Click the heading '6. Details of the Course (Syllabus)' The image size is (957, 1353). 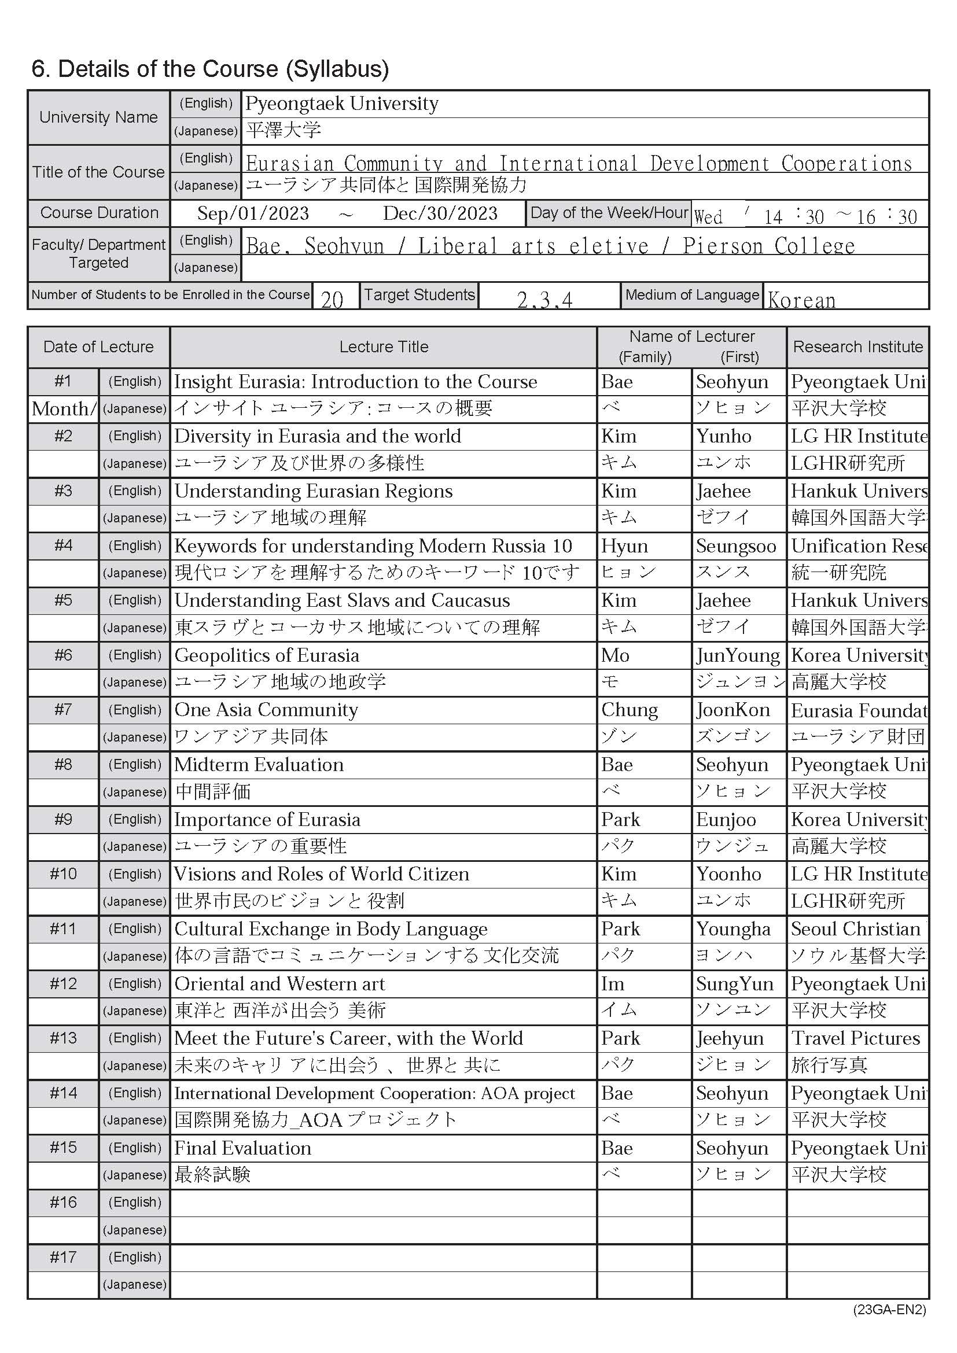(210, 69)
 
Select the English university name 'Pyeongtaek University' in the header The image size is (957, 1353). (342, 104)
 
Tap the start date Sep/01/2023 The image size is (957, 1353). (253, 213)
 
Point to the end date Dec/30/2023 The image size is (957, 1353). (440, 213)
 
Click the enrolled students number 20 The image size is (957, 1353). (332, 300)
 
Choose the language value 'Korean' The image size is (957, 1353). (801, 300)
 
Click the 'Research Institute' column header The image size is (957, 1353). (857, 346)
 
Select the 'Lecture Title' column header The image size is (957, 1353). (384, 346)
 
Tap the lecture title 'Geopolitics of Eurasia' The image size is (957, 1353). (266, 655)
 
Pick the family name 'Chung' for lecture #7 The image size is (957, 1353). (630, 710)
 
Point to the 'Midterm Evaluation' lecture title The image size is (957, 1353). (259, 765)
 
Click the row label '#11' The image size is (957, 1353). (63, 929)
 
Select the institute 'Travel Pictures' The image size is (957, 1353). (855, 1038)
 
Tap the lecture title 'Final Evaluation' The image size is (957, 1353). (243, 1148)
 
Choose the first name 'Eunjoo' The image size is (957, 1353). (726, 820)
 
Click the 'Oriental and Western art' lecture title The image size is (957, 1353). (279, 983)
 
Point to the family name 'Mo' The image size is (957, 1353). (615, 655)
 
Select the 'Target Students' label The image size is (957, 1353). (419, 294)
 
